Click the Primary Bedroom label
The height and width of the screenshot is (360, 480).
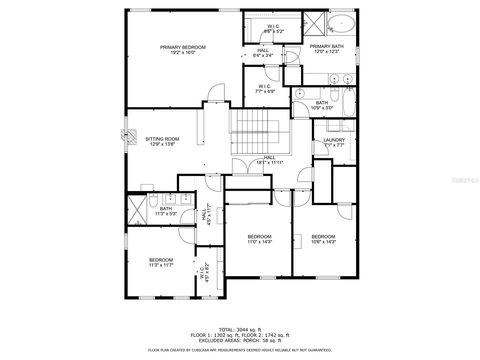183,47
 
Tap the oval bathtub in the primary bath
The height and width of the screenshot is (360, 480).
341,24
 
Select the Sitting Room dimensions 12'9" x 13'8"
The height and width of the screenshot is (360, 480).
162,144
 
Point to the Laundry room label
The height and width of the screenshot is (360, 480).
334,140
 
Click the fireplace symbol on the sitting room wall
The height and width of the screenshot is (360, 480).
129,137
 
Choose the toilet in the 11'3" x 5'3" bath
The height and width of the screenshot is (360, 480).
153,200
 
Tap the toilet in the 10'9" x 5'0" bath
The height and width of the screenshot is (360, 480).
334,94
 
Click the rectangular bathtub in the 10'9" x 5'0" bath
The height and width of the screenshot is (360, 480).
349,102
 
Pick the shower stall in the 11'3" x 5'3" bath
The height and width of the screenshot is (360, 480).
137,210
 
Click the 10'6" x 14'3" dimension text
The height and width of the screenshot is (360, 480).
323,242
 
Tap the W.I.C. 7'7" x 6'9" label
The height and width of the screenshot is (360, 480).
265,89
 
